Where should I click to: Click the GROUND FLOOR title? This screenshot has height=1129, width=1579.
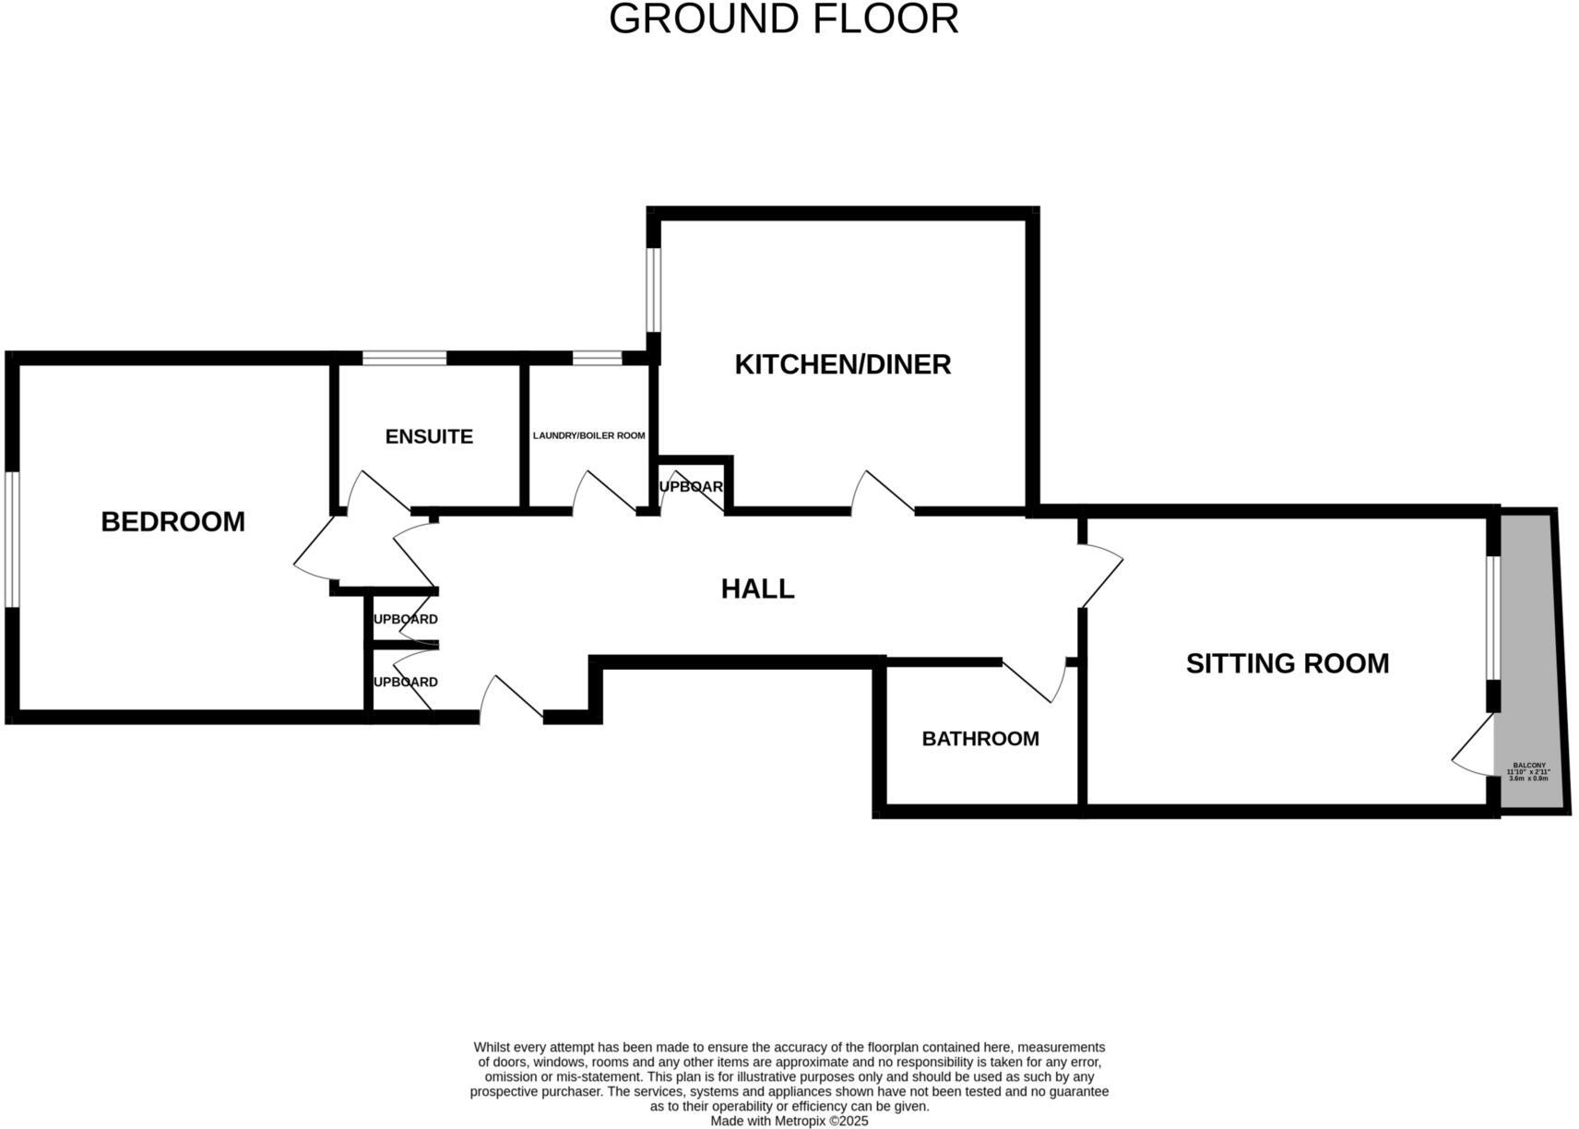(784, 20)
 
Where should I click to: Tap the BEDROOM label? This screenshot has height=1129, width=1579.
(172, 522)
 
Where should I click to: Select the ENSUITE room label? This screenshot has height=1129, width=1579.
(429, 436)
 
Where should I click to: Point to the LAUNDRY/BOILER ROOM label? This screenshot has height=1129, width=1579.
(588, 435)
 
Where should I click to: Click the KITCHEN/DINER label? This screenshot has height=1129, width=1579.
(842, 364)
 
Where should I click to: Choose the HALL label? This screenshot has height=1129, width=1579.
(757, 588)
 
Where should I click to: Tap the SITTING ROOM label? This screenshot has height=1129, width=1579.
(1287, 663)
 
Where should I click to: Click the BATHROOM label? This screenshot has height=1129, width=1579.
(979, 739)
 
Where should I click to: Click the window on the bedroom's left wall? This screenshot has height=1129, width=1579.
(12, 540)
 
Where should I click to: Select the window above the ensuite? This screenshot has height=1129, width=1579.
(404, 358)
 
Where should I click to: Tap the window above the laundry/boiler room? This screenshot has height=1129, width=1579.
(597, 358)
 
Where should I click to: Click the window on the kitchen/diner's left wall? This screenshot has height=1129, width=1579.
(653, 289)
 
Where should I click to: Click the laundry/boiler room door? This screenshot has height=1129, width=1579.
(604, 493)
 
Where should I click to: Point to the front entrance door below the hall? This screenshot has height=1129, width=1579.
(510, 698)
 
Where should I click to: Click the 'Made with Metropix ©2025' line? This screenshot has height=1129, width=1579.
(789, 1121)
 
